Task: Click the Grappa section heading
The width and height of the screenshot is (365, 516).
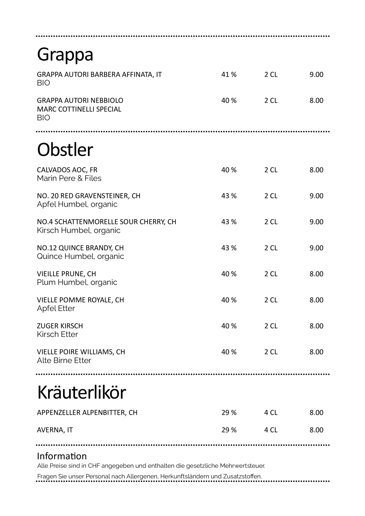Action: pyautogui.click(x=65, y=55)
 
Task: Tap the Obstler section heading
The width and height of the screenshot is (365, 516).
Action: pyautogui.click(x=65, y=150)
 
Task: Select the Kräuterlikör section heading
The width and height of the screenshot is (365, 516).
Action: pyautogui.click(x=82, y=393)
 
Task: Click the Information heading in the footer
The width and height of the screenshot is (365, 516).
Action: pyautogui.click(x=62, y=456)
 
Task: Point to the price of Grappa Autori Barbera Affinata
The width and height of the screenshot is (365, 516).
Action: pyautogui.click(x=316, y=74)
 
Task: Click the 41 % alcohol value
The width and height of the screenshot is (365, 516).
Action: pyautogui.click(x=229, y=74)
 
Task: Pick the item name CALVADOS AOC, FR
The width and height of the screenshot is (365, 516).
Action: pyautogui.click(x=67, y=170)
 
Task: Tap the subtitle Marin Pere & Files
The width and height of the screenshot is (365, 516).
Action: pyautogui.click(x=69, y=178)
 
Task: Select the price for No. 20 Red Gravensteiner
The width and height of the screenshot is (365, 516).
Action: pyautogui.click(x=316, y=196)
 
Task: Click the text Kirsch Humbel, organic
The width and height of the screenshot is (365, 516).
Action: pyautogui.click(x=79, y=230)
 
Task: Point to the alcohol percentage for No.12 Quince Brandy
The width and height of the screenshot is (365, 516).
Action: pyautogui.click(x=229, y=248)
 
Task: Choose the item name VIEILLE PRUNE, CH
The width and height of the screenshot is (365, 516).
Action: pyautogui.click(x=66, y=274)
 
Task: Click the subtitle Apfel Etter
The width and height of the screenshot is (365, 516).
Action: pyautogui.click(x=56, y=308)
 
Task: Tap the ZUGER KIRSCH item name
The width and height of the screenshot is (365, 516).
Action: pyautogui.click(x=60, y=326)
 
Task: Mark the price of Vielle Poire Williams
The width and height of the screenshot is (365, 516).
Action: pyautogui.click(x=316, y=352)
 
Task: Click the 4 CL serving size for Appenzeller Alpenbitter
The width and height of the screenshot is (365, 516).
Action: pyautogui.click(x=271, y=412)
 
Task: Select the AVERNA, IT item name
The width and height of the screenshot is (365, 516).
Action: pyautogui.click(x=55, y=430)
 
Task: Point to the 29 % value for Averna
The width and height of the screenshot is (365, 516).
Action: pyautogui.click(x=229, y=430)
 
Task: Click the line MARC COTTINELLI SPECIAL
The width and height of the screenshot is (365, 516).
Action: pyautogui.click(x=79, y=109)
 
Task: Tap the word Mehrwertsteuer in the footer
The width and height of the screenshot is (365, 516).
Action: pyautogui.click(x=242, y=466)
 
